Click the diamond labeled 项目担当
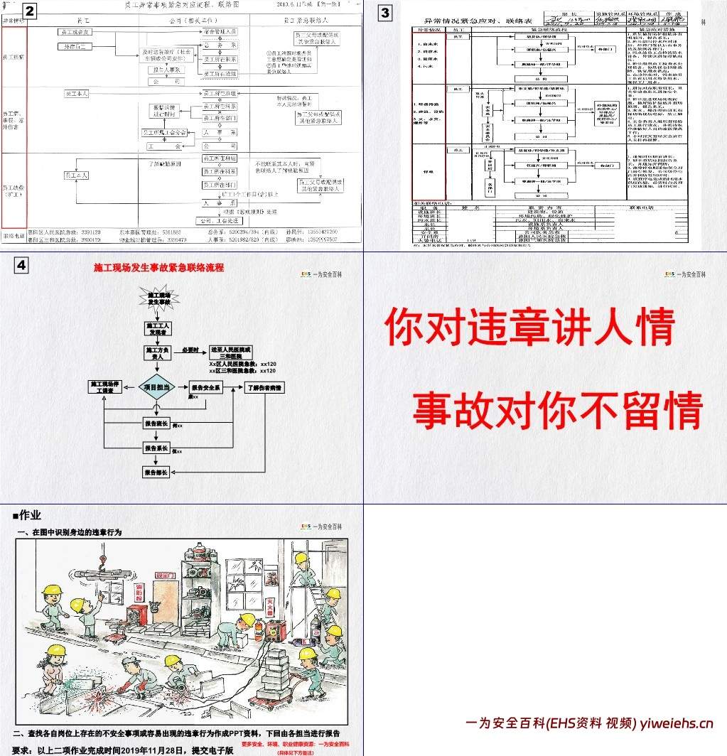pos(156,388)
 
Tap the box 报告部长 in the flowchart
pos(156,472)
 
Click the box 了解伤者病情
pos(265,388)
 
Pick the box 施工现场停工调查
pos(104,388)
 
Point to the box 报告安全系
pos(206,388)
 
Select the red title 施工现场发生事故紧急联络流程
pos(158,268)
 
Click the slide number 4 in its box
pos(22,265)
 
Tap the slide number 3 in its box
pos(384,12)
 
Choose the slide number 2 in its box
pos(30,11)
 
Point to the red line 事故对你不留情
pos(558,411)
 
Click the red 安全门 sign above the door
pos(165,575)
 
